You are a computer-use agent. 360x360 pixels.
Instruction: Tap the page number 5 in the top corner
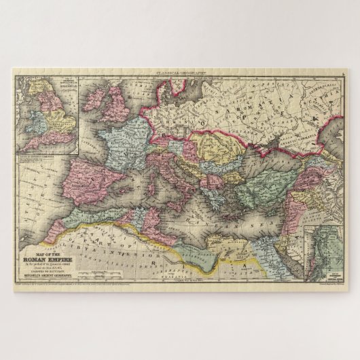(x=343, y=71)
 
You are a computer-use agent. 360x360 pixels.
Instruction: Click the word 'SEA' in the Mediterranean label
(x=240, y=217)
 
